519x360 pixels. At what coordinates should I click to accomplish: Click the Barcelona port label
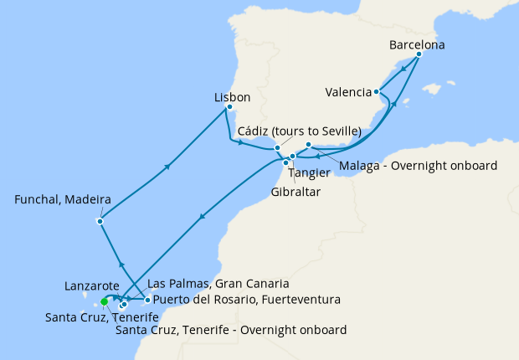click(417, 44)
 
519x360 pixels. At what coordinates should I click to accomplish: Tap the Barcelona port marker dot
click(418, 55)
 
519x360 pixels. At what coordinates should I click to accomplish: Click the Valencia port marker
click(378, 91)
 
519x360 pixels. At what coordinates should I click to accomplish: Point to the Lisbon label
click(232, 97)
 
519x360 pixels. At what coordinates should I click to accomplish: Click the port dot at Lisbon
click(229, 107)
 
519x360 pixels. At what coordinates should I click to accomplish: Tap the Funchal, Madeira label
click(64, 200)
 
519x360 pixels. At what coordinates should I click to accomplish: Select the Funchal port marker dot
click(100, 221)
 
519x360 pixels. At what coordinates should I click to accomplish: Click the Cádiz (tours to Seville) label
click(299, 131)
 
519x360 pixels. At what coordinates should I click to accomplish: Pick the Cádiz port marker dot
click(277, 148)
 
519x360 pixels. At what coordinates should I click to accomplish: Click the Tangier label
click(302, 173)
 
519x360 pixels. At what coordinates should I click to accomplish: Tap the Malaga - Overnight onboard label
click(418, 165)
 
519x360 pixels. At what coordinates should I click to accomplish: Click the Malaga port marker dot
click(309, 145)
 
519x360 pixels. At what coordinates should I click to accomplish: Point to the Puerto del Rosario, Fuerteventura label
click(245, 299)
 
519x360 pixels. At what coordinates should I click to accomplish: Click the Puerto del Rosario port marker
click(147, 300)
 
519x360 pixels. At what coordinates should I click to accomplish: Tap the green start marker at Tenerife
click(105, 301)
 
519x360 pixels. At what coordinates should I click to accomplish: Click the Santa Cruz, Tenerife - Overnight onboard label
click(230, 330)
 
